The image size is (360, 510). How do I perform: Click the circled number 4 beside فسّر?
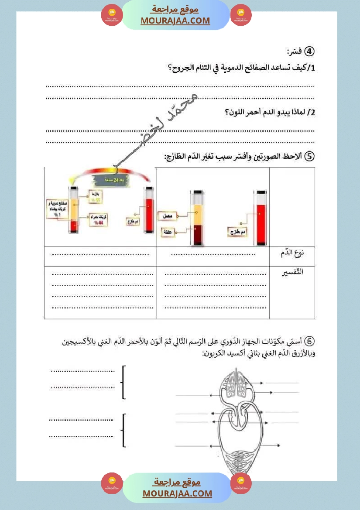309,51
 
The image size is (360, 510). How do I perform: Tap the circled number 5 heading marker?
309,157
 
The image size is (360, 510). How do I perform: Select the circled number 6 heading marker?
309,341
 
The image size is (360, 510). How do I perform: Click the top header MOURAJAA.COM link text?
175,21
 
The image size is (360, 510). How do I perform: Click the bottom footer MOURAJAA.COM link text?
177,493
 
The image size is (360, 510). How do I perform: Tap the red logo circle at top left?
112,15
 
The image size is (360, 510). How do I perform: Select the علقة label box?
168,231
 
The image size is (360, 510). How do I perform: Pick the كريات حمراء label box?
99,219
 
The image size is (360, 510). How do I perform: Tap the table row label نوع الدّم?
292,253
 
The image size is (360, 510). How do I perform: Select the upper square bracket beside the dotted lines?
124,382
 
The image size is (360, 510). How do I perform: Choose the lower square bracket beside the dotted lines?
124,430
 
